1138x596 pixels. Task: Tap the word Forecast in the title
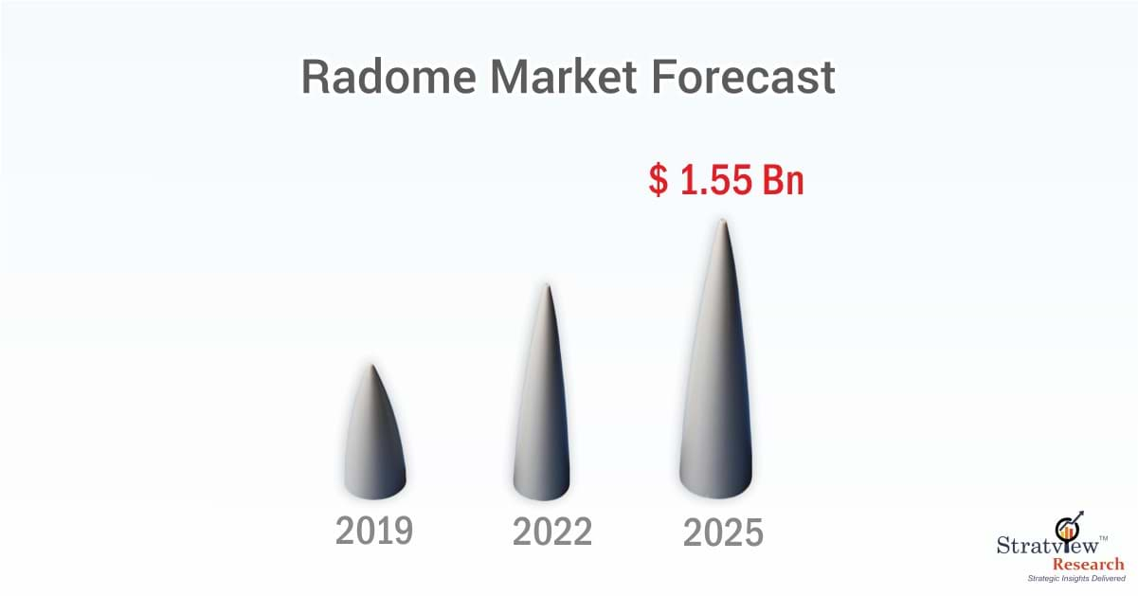coord(743,77)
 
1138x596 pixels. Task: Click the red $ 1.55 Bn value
coord(726,179)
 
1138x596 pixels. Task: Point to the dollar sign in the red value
coord(658,179)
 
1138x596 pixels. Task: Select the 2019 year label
coord(374,532)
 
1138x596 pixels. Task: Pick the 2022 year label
coord(551,533)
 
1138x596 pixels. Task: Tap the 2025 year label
coord(723,533)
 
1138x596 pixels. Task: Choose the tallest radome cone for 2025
coord(717,379)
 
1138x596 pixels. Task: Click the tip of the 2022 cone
coord(547,285)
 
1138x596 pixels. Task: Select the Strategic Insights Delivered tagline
coord(1075,577)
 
